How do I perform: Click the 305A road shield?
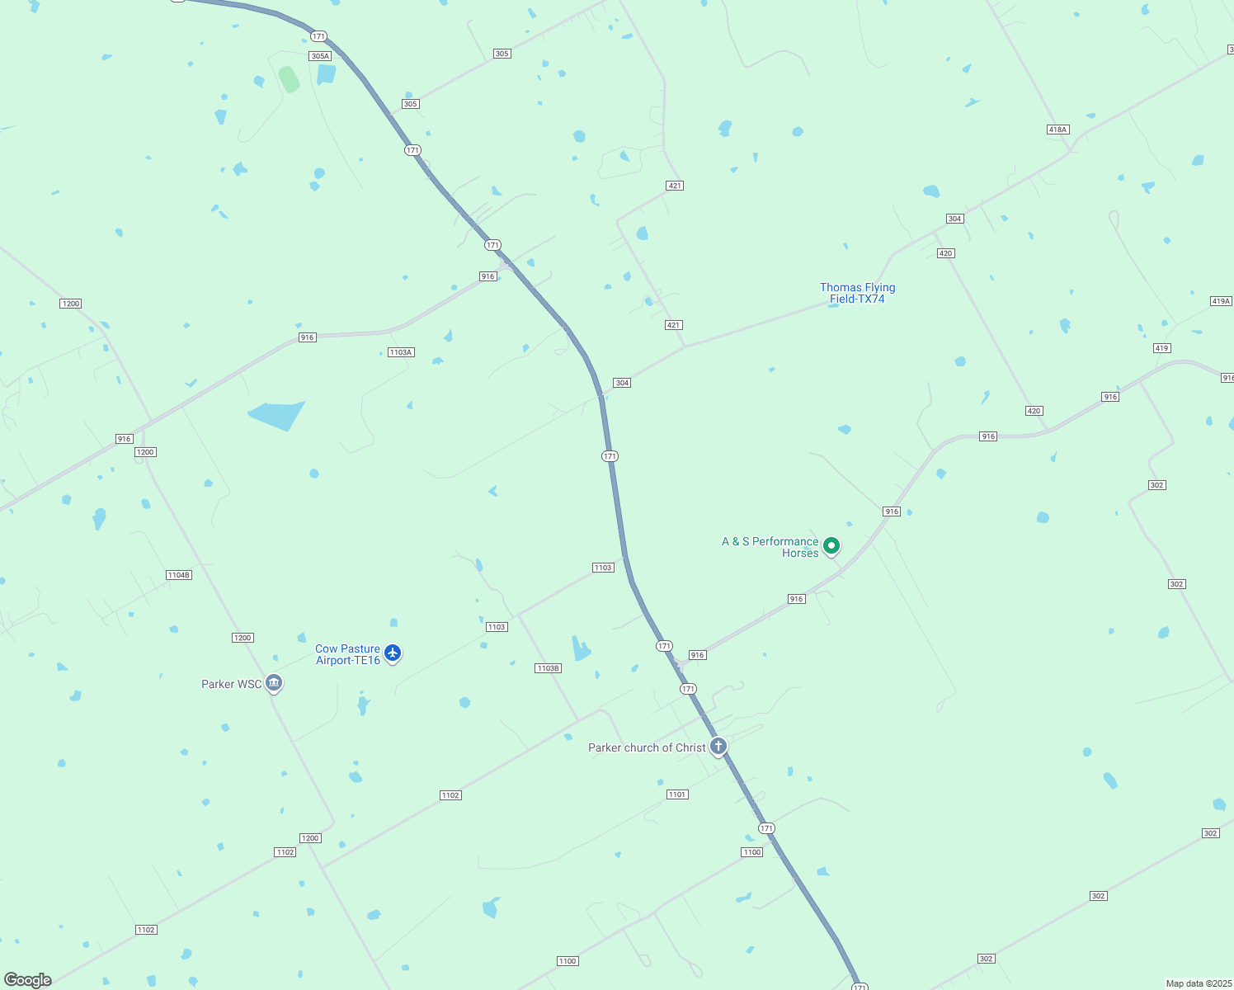[320, 56]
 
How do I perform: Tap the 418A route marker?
[1057, 130]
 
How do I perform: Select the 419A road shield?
[1221, 301]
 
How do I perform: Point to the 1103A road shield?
[401, 352]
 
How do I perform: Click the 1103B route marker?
[548, 668]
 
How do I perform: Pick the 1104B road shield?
[178, 575]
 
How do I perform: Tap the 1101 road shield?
[677, 794]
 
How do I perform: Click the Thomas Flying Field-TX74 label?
[857, 293]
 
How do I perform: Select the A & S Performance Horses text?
[770, 547]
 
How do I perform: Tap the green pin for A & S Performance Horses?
[831, 545]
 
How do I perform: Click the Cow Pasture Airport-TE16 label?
[347, 654]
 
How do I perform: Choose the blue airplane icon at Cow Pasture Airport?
[393, 653]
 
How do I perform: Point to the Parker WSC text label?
[231, 684]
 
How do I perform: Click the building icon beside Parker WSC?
[274, 683]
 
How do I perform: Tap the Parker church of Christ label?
[647, 747]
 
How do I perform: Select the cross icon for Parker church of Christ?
[718, 747]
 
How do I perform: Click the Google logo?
[28, 980]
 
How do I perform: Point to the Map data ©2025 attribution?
[1199, 983]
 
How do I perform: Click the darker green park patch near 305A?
[289, 79]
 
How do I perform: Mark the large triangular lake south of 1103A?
[276, 415]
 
